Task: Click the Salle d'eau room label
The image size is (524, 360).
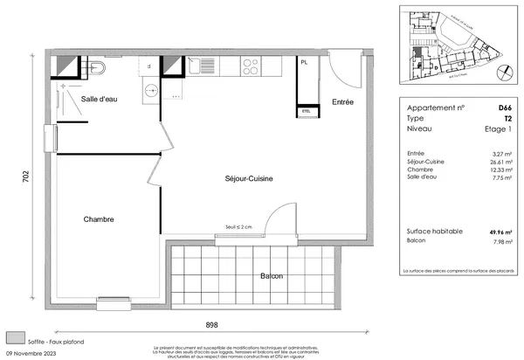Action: (101, 100)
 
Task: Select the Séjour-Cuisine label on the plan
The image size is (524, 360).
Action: (250, 178)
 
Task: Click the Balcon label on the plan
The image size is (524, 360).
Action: (272, 277)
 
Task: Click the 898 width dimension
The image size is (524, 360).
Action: (211, 323)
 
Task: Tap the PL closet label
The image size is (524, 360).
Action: (304, 64)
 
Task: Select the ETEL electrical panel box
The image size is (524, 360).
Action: (307, 112)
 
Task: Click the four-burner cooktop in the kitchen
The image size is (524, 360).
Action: (251, 66)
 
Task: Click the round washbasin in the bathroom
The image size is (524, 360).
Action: (150, 87)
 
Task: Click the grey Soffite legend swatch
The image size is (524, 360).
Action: (15, 336)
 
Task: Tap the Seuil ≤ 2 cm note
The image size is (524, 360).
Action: (238, 227)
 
